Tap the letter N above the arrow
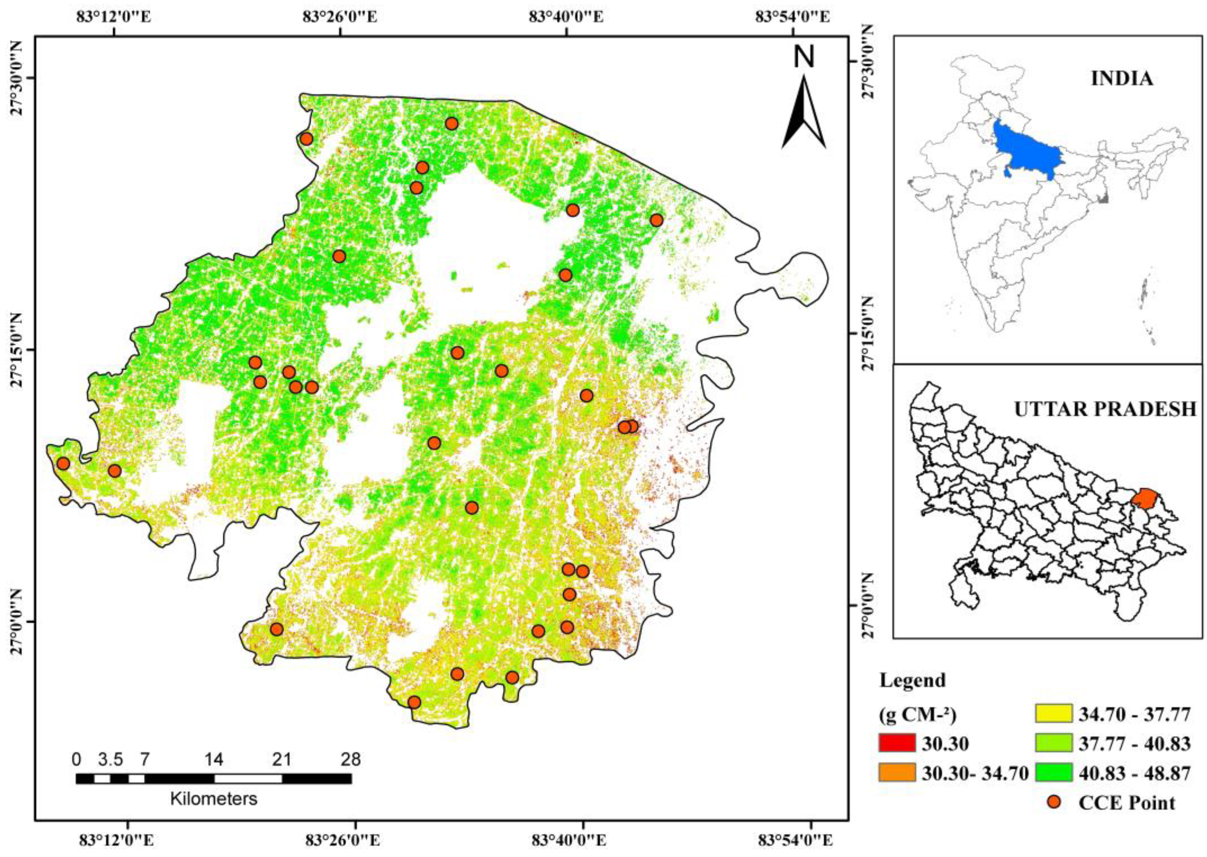click(x=804, y=57)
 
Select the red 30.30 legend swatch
click(x=897, y=743)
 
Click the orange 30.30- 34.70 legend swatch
click(x=897, y=773)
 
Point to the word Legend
click(x=912, y=681)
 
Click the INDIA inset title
click(x=1122, y=79)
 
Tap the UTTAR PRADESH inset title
click(x=1105, y=409)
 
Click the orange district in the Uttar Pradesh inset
click(x=1144, y=498)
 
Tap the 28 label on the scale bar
click(x=351, y=759)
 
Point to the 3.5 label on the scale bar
click(x=110, y=759)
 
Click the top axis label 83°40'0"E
click(x=567, y=16)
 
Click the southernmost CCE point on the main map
click(x=414, y=702)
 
